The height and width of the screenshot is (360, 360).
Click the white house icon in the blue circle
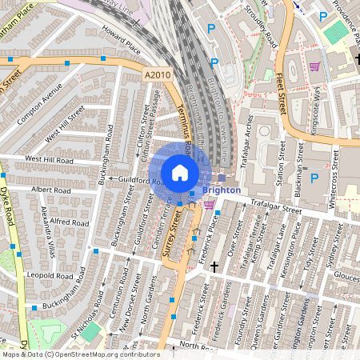point(180,172)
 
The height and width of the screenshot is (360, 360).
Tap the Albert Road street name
point(51,190)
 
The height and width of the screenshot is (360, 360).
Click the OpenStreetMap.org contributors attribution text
point(102,354)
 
